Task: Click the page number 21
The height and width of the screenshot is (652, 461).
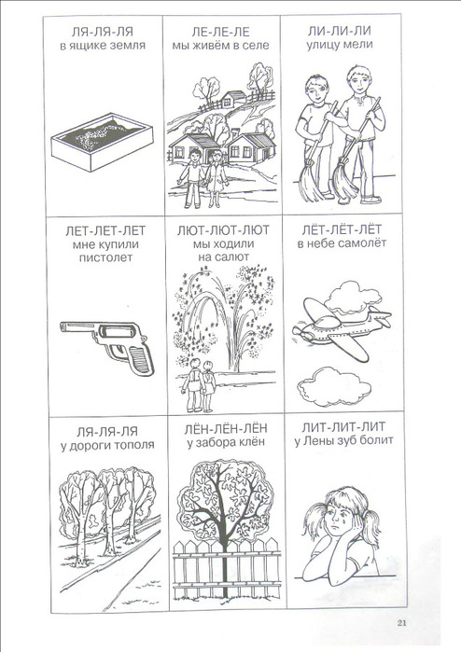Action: [401, 622]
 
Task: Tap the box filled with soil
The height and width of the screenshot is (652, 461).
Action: [102, 142]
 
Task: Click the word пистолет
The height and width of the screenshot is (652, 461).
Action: [106, 257]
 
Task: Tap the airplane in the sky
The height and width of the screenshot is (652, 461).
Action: [342, 326]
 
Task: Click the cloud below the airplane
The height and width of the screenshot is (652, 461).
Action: [334, 386]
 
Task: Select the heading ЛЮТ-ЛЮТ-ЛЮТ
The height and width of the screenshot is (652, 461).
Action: [223, 230]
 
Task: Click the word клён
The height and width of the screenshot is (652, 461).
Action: [251, 442]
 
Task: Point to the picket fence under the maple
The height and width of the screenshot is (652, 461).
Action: [227, 568]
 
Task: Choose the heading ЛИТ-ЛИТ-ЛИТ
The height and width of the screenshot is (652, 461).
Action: [343, 426]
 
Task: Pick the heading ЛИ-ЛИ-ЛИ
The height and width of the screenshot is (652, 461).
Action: [340, 31]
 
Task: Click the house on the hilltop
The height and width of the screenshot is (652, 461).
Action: [233, 100]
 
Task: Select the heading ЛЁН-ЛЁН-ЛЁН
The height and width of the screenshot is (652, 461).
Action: [226, 429]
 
